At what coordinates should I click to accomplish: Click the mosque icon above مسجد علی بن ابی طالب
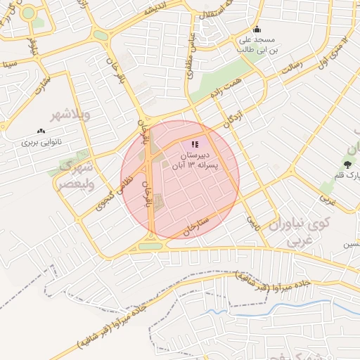(x=257, y=30)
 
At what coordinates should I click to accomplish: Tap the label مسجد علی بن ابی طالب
(x=257, y=45)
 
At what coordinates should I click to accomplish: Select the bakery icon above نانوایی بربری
(x=41, y=131)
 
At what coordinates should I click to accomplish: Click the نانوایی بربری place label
(x=41, y=141)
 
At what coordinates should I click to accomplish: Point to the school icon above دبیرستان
(x=195, y=144)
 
